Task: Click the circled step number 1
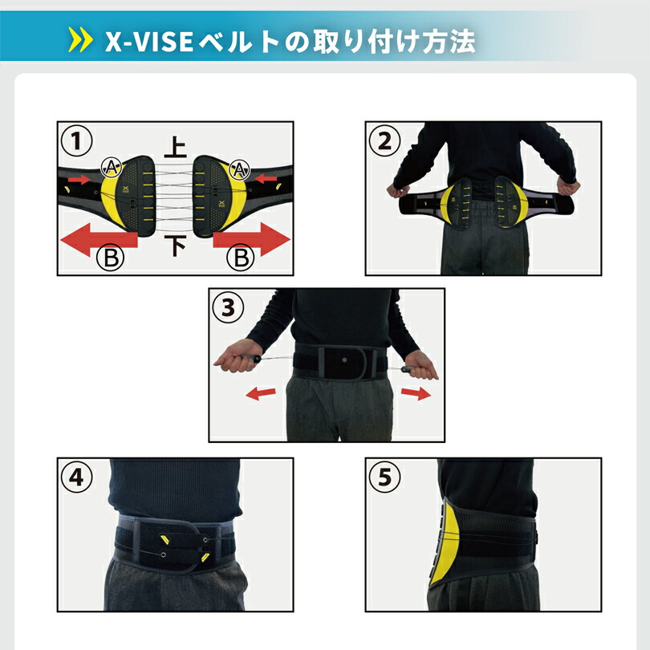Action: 76,142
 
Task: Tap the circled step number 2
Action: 384,142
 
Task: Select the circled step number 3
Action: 228,307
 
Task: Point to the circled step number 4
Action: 76,477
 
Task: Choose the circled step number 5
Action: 384,477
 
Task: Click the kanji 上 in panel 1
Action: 175,146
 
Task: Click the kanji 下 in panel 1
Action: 175,246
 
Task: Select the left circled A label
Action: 111,167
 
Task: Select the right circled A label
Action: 238,167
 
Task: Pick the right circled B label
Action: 239,258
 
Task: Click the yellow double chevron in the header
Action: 81,40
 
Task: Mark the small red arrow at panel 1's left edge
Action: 79,180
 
